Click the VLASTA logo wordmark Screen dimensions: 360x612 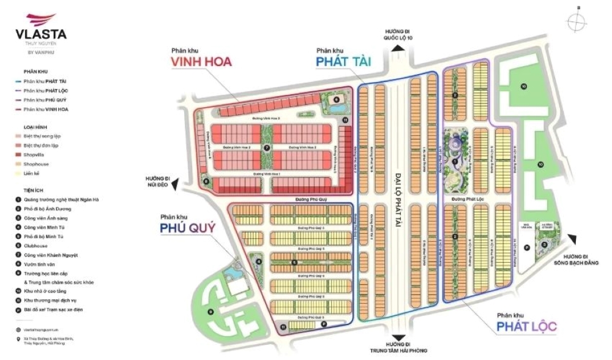(42, 35)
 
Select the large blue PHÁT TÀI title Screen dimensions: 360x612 (345, 61)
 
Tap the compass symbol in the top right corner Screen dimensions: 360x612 (577, 21)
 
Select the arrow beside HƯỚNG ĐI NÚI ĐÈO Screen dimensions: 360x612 (175, 181)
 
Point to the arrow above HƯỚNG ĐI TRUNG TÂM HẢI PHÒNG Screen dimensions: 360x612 (398, 336)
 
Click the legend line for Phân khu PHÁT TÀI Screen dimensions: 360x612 (46, 81)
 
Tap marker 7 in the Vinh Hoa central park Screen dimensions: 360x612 (266, 148)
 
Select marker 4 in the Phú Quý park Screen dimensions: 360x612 (259, 261)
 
